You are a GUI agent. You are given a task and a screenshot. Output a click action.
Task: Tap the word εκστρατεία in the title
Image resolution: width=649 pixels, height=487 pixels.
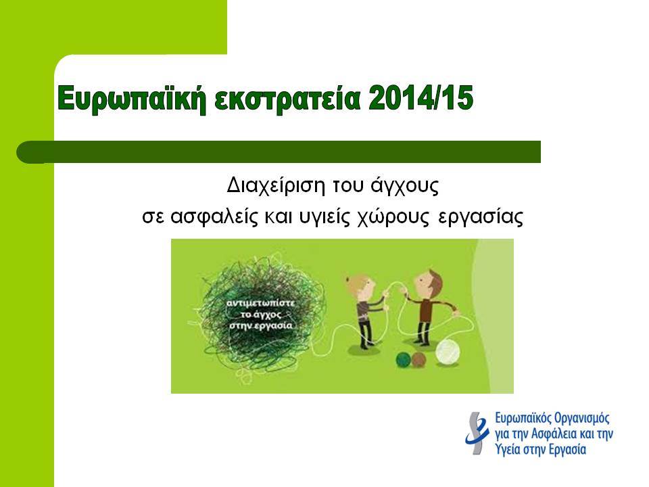[x=287, y=99]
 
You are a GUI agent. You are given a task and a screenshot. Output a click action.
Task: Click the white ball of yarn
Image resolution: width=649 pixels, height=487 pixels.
[x=448, y=352]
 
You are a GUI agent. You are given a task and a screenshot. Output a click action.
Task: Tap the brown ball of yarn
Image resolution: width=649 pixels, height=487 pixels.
[x=419, y=360]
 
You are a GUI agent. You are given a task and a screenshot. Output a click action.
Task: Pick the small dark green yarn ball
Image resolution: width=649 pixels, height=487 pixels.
[x=404, y=360]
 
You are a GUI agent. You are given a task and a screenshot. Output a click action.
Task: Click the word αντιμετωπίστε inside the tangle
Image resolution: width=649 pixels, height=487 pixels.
[x=261, y=303]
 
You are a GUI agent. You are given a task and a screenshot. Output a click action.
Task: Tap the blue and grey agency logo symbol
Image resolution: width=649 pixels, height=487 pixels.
[x=477, y=433]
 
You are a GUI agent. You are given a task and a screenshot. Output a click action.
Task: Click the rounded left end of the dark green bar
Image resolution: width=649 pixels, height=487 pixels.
[x=25, y=152]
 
